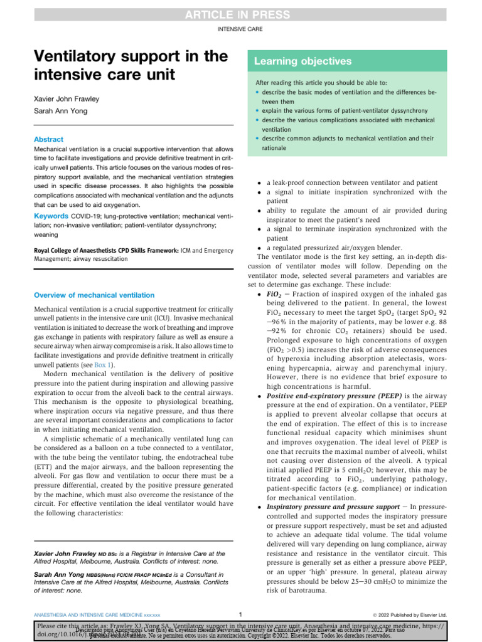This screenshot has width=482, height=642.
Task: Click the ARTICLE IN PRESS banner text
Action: click(x=240, y=14)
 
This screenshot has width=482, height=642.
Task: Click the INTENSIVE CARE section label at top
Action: click(x=240, y=29)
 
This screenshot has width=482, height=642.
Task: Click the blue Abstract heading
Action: click(x=49, y=140)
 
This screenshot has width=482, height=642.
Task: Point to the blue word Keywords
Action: click(x=52, y=216)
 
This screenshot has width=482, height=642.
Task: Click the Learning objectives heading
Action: click(x=303, y=61)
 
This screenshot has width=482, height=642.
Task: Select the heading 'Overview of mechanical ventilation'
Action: click(x=94, y=295)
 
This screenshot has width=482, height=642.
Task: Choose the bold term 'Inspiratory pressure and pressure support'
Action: click(x=333, y=505)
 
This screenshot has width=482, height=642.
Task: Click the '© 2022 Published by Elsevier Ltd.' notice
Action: click(x=409, y=614)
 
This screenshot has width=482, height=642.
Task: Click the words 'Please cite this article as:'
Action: click(x=74, y=626)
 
